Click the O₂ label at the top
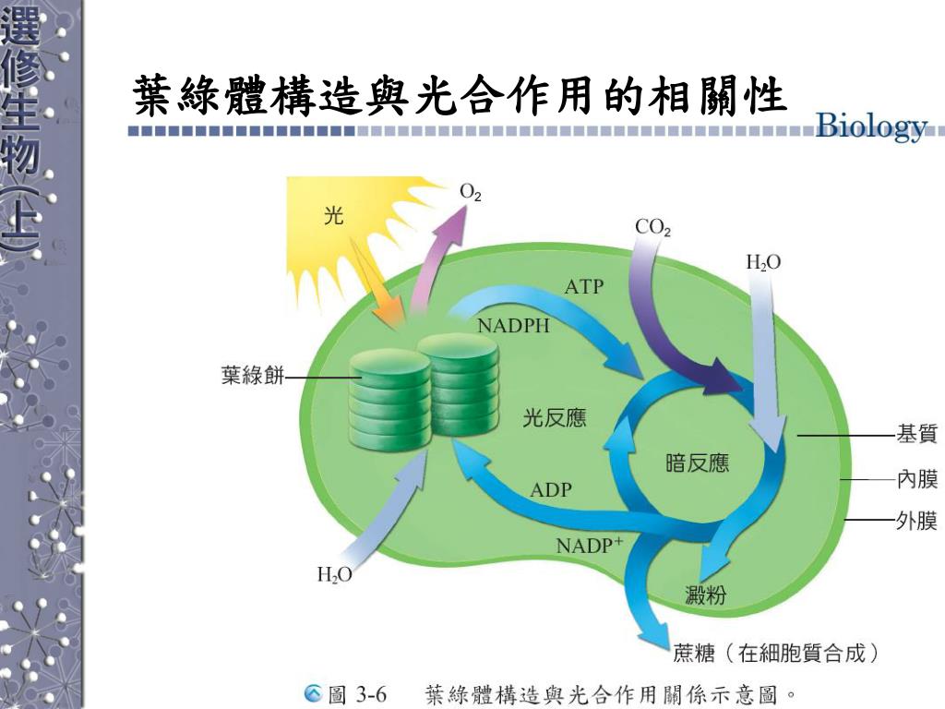point(471,193)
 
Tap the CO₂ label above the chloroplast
point(652,226)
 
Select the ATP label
point(583,287)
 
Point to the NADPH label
point(513,326)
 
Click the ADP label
point(551,490)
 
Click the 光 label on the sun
point(333,216)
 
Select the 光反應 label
point(555,418)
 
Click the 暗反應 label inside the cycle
point(697,463)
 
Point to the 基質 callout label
point(916,433)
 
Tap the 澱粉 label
point(705,595)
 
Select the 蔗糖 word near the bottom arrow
point(695,654)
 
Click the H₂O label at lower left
point(335,575)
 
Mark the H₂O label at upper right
point(763,263)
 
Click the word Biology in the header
point(872,126)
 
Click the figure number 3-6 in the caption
point(371,693)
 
